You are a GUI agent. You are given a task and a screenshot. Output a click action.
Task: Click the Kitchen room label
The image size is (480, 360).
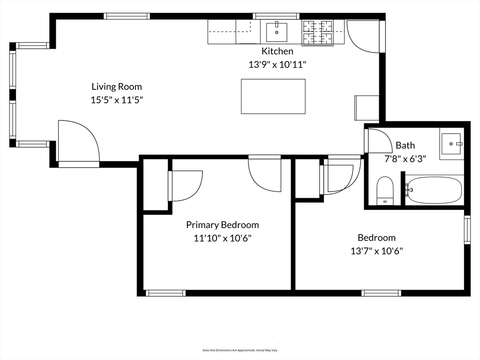[277, 51]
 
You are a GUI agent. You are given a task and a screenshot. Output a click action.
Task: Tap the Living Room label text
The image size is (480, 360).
[117, 87]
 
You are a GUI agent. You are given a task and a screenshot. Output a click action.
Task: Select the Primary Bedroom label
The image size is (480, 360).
[223, 225]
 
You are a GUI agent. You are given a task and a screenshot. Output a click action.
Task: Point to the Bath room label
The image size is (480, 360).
[405, 145]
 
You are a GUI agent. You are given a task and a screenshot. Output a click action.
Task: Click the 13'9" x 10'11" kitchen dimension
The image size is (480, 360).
[277, 65]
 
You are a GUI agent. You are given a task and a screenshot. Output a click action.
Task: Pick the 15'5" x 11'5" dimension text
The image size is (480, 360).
[117, 100]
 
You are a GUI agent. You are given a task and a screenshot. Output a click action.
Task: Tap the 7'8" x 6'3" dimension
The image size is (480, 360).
[405, 158]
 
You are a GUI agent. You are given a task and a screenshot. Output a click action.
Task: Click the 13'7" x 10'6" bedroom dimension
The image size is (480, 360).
[376, 251]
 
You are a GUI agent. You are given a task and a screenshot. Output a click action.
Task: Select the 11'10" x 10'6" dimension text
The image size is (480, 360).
[223, 238]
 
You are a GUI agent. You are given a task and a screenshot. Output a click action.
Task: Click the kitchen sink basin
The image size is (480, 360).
[277, 32]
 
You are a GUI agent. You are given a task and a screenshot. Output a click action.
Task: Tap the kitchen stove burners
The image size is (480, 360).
[317, 33]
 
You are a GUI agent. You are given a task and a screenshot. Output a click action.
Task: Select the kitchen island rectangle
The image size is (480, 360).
[273, 97]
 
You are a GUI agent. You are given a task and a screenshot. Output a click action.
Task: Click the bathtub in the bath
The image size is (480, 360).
[434, 190]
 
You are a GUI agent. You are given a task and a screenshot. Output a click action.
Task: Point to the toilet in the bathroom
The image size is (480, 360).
[385, 190]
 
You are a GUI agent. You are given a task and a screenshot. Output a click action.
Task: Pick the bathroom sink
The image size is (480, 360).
[451, 144]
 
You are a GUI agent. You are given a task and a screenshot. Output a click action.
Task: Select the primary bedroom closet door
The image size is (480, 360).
[185, 186]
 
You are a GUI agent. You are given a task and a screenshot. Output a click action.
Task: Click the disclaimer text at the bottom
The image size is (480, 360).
[240, 350]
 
